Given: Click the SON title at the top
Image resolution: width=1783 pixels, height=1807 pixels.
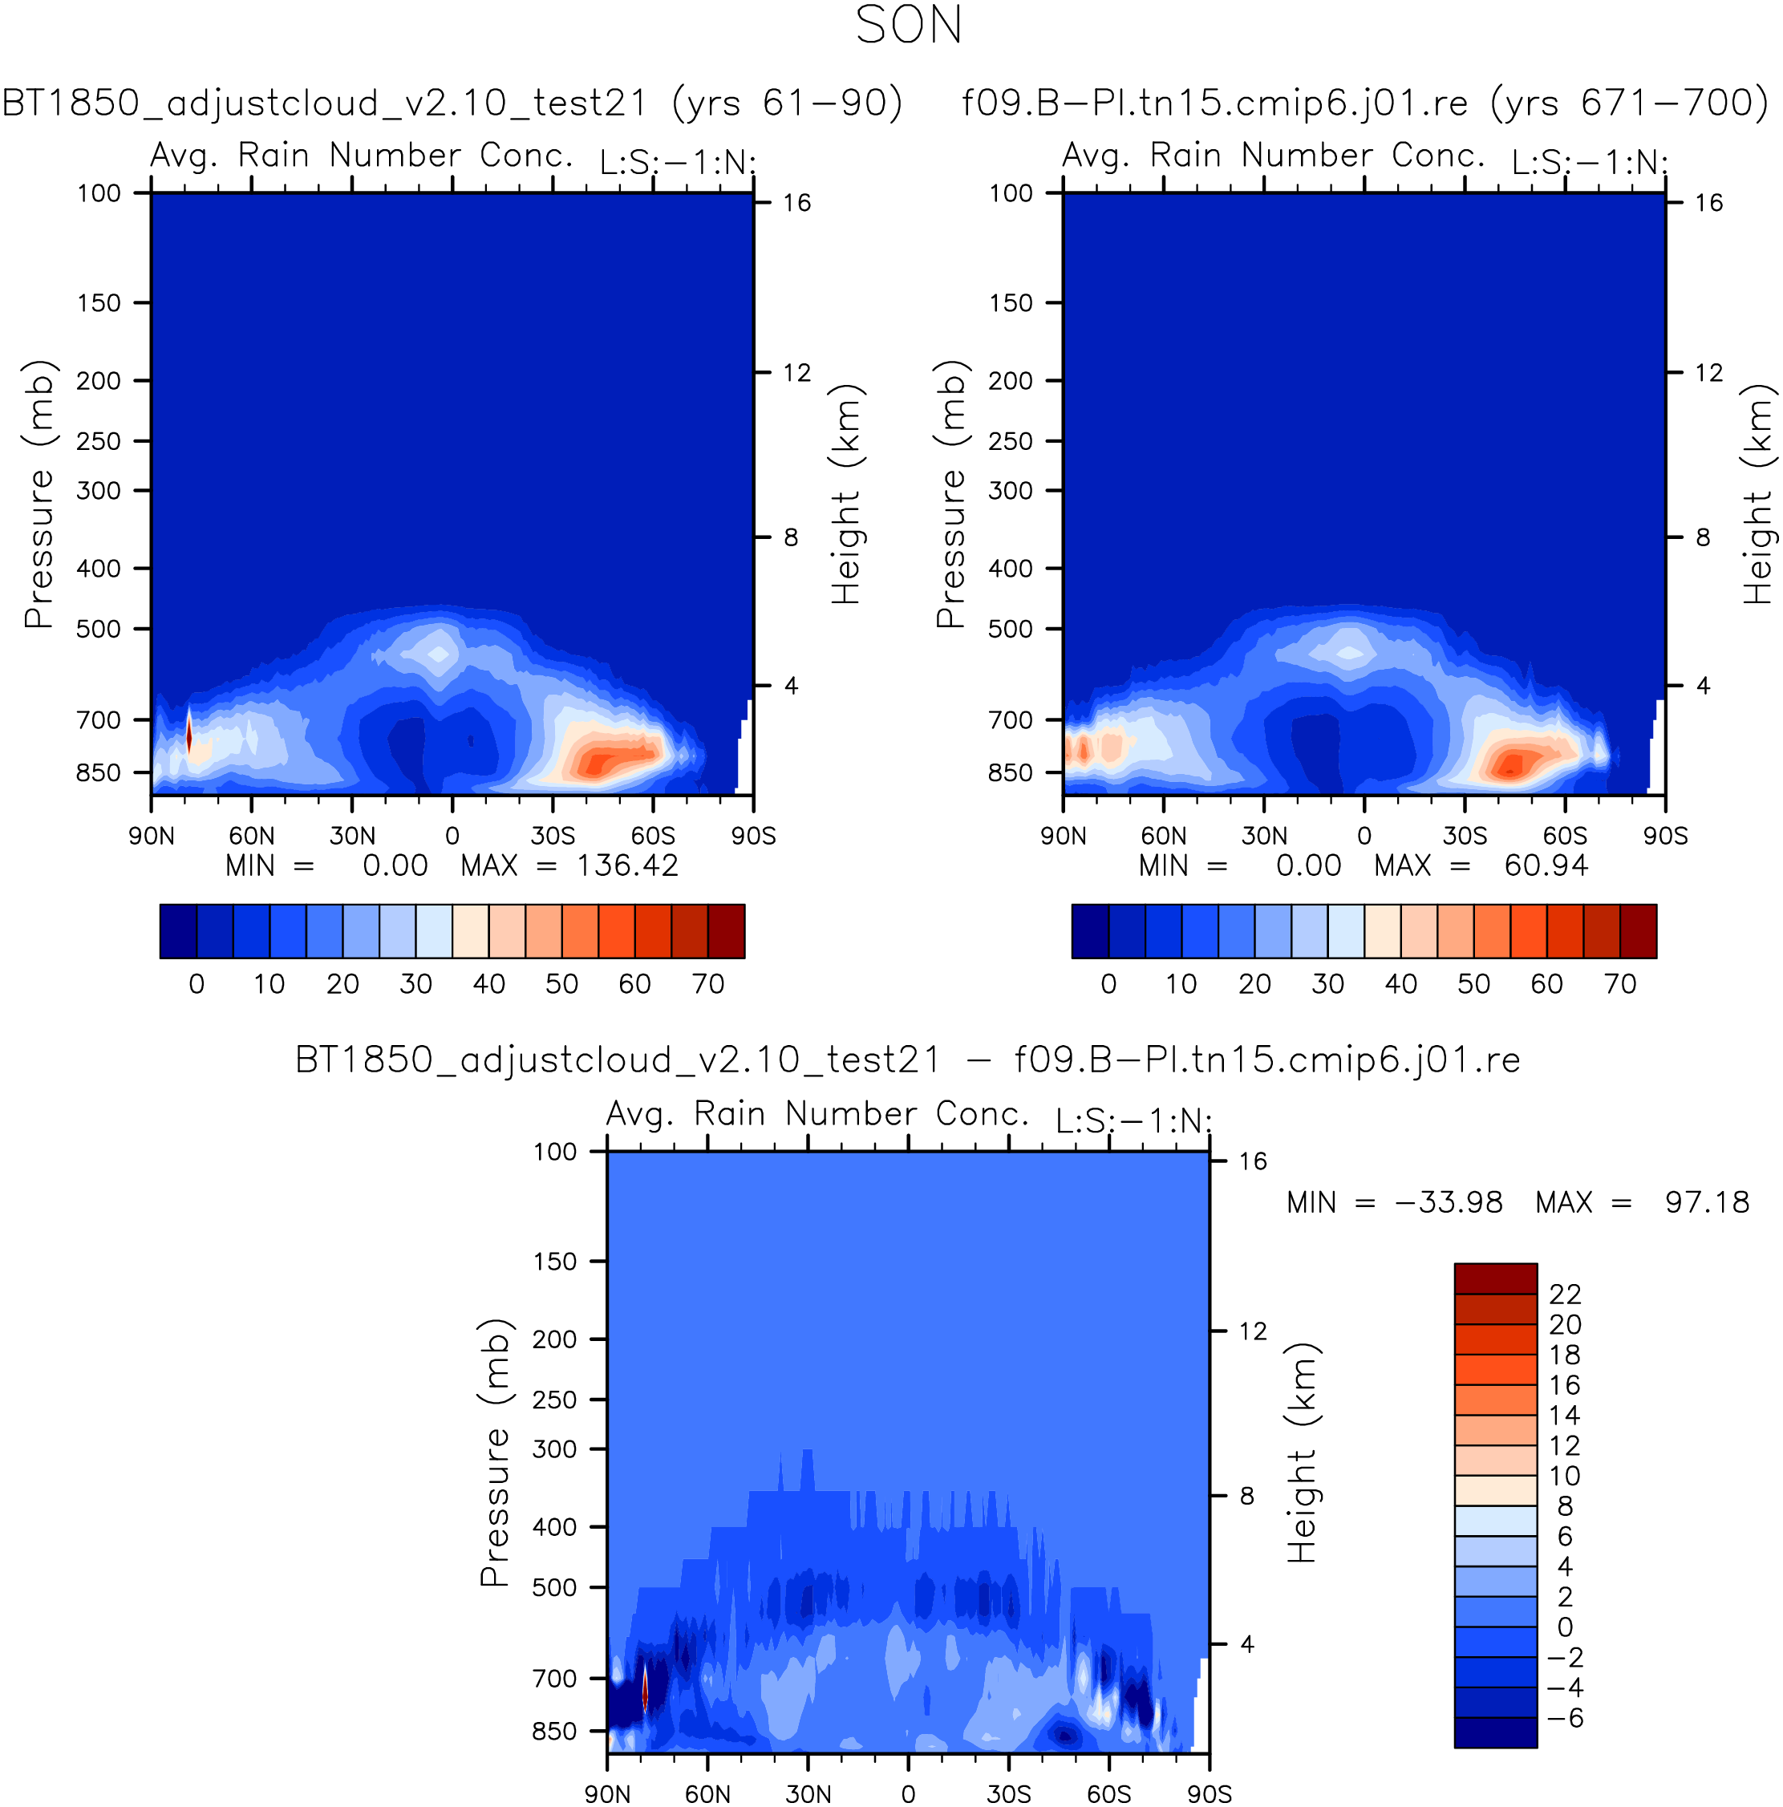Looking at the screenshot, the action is click(x=907, y=25).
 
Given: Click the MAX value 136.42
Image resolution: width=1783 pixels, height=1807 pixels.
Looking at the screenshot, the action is click(x=626, y=865).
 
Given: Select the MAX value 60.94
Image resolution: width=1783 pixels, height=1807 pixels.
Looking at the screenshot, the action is click(x=1546, y=865).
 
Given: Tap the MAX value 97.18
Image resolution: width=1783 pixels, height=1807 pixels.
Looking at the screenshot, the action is click(x=1706, y=1202).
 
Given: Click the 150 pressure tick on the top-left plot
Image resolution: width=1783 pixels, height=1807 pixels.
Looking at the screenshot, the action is click(x=99, y=303).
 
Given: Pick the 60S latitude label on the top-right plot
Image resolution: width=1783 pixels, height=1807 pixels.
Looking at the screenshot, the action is click(x=1564, y=835).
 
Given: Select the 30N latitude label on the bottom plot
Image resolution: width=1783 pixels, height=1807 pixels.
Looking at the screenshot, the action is click(x=808, y=1794).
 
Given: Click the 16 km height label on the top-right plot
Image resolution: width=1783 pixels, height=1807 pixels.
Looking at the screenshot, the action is click(x=1708, y=203).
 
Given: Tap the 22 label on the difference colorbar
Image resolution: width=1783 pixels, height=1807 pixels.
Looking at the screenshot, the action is click(x=1565, y=1294).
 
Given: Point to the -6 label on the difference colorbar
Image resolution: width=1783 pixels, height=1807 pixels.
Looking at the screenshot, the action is click(x=1565, y=1718).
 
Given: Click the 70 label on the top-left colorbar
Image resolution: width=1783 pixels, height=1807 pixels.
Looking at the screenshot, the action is click(x=708, y=984).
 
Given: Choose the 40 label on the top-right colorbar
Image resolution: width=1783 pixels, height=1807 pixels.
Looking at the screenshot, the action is click(x=1400, y=984).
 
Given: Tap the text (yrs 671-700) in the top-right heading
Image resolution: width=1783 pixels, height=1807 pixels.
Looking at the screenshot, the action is click(x=1629, y=103).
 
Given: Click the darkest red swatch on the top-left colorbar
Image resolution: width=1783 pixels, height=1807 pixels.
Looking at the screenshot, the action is click(x=726, y=930).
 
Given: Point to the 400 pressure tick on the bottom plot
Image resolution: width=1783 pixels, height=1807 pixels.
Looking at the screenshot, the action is click(x=555, y=1526).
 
